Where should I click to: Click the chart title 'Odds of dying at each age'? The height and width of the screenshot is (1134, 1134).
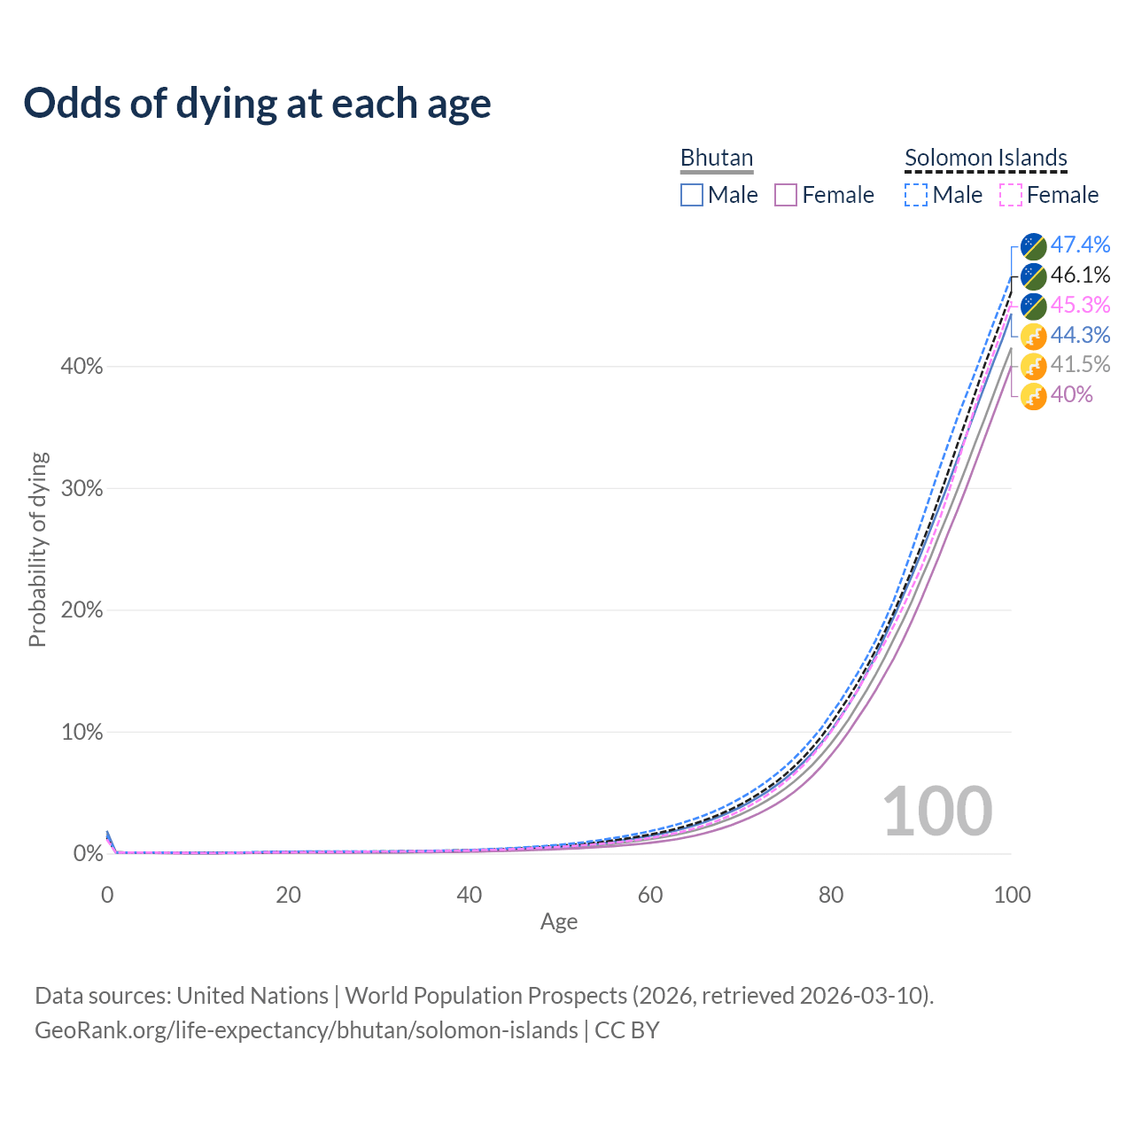point(257,104)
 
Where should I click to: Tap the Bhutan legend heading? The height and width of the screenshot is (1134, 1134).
point(716,158)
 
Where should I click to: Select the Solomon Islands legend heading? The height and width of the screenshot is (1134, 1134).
point(985,158)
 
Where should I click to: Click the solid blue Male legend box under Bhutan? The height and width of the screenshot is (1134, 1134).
point(692,195)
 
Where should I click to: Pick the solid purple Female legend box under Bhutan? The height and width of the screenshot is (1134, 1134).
point(786,195)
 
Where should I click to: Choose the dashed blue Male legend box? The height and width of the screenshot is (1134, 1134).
point(916,195)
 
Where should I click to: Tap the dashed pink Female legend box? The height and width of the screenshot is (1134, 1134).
point(1010,195)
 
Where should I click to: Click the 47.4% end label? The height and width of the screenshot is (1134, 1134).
point(1080,245)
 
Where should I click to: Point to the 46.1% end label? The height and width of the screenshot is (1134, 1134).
point(1080,275)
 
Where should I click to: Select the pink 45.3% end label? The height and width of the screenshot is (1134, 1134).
point(1080,305)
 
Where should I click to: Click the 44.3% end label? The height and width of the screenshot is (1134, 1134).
point(1080,335)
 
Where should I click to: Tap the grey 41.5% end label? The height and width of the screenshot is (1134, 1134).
point(1080,364)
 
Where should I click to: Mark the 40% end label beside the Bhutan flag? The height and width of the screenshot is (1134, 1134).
point(1071,394)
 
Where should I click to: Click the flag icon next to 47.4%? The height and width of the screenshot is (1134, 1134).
point(1033,245)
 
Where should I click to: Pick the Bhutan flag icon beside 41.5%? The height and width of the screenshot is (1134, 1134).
point(1033,365)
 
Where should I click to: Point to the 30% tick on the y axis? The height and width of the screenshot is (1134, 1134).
point(82,488)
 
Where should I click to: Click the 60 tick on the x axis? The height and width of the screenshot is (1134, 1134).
point(650,895)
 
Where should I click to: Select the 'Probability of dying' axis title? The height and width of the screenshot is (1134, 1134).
point(37,549)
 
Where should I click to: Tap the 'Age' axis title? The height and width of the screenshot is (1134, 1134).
point(559,922)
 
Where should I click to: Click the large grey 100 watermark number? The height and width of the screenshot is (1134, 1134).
point(937,811)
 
